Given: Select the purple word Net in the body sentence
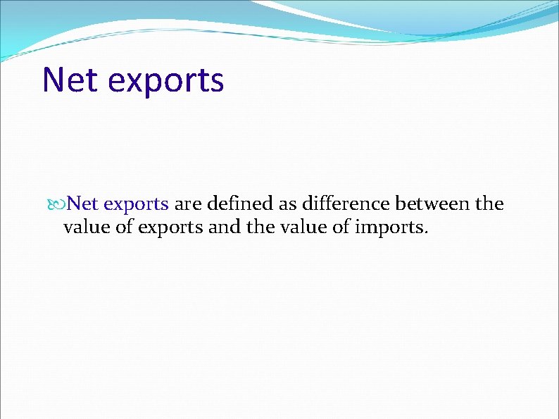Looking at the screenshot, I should (82, 204).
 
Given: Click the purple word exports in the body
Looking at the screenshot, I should (135, 205).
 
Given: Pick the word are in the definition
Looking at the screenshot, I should (188, 204).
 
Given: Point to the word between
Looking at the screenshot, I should (433, 204).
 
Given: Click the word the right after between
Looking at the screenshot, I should (490, 204).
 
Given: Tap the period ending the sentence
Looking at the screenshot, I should (425, 232).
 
